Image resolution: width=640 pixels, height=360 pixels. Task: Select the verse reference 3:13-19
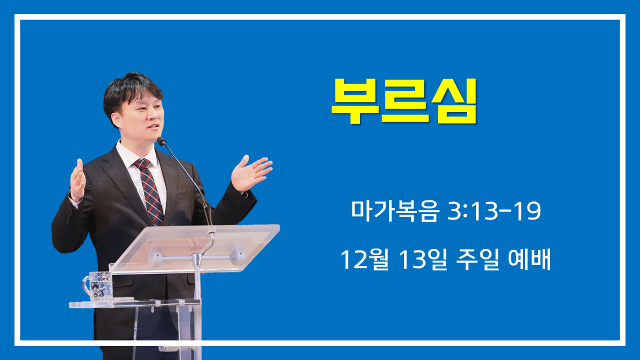tap(494, 211)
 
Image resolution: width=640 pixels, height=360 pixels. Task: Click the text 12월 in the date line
tap(365, 259)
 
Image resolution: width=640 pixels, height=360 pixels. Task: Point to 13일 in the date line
tap(422, 259)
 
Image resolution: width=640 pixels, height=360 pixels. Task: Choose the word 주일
tap(477, 259)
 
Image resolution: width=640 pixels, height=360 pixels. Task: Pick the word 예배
tap(529, 259)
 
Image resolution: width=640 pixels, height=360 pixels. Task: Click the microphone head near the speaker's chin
tap(161, 141)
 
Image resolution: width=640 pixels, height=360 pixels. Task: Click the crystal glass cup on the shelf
tap(98, 286)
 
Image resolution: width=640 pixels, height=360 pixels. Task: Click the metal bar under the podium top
tap(196, 257)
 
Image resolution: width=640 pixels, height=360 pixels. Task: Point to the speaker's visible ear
tap(116, 119)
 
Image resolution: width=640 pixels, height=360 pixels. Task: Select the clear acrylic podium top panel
tap(194, 248)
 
